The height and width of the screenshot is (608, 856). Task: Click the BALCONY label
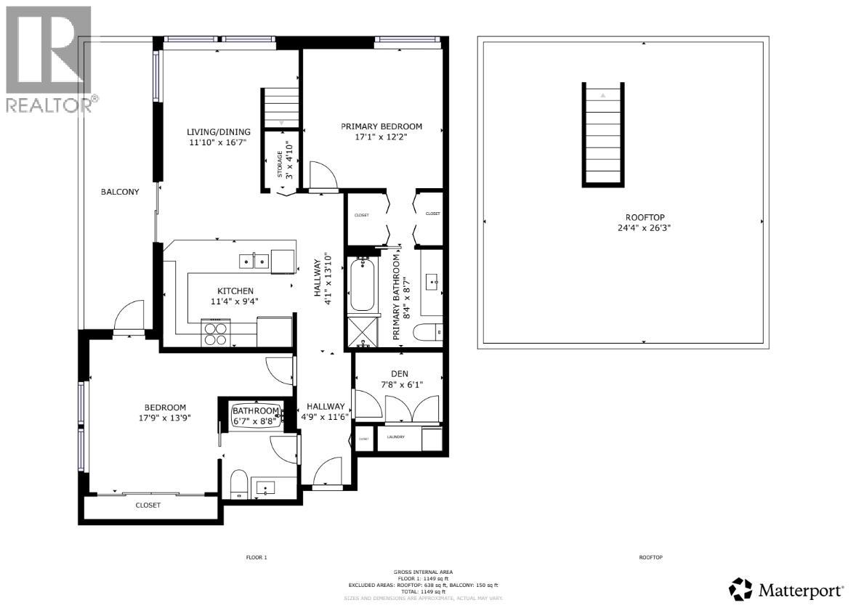tap(120, 192)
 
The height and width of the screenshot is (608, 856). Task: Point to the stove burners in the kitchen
tap(214, 333)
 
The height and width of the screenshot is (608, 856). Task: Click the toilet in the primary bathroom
tap(428, 333)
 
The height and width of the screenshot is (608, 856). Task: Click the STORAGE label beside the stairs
tap(279, 164)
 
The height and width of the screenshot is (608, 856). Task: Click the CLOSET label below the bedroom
tap(148, 505)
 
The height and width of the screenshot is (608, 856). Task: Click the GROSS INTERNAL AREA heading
tap(422, 572)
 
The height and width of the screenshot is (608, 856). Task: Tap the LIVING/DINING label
tap(219, 131)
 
